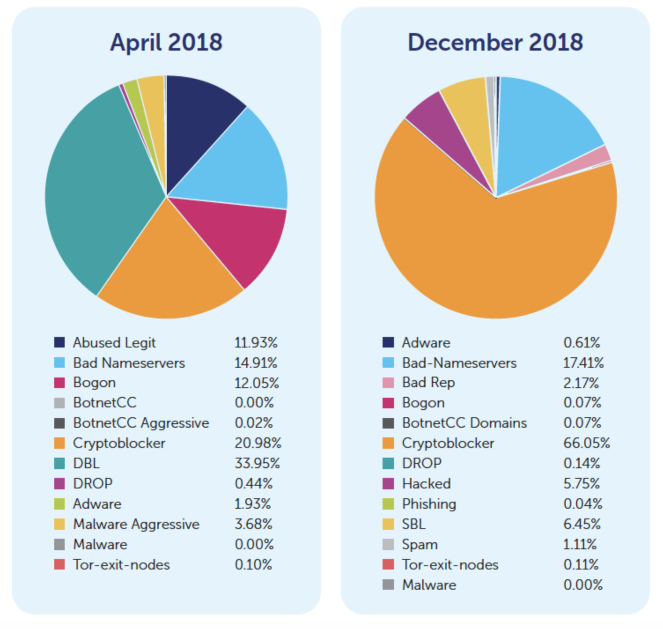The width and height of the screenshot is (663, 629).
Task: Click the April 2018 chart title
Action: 166,43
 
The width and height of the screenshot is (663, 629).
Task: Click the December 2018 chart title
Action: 495,43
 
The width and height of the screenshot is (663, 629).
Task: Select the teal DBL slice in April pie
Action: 101,189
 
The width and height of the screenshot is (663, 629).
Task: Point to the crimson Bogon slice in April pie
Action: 238,238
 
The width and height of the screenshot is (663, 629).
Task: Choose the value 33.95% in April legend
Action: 257,463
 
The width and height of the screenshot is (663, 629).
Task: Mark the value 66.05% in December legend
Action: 586,443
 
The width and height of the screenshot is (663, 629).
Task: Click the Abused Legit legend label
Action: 114,343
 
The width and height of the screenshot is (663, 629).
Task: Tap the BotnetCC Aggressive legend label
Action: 141,423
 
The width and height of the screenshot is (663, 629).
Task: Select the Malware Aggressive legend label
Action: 136,524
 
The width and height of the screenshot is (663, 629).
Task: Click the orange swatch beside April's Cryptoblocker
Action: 59,443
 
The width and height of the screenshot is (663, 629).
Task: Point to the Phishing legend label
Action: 429,504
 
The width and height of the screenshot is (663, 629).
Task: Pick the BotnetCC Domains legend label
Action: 464,423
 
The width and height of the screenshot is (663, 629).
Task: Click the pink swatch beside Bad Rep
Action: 388,383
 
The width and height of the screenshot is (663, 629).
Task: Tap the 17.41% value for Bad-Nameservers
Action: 583,363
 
